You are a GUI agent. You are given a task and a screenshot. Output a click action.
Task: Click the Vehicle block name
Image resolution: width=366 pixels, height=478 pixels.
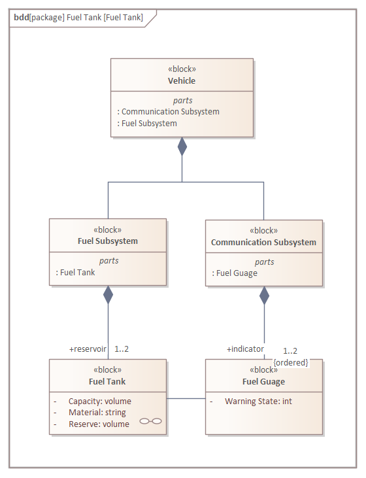pos(182,81)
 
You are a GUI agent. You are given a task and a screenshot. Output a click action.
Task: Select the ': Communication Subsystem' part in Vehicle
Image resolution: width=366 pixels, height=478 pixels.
pos(168,112)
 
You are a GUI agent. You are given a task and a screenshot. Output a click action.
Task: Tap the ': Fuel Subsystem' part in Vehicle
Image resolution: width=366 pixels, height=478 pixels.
pos(147,123)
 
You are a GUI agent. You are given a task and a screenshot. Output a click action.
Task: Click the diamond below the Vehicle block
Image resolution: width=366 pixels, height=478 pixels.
pos(182,146)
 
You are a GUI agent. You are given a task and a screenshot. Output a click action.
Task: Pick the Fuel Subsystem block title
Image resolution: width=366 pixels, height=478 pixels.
pos(108,241)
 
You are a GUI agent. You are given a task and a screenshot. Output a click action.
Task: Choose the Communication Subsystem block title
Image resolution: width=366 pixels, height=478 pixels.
pos(263,243)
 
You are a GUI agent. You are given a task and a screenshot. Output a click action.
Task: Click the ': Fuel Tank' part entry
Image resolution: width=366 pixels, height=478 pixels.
pos(75,272)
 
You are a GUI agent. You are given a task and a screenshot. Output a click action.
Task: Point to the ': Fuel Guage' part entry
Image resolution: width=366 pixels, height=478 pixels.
pos(235,273)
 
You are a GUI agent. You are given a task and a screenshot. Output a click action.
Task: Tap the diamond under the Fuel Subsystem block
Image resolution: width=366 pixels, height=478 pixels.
pos(108,295)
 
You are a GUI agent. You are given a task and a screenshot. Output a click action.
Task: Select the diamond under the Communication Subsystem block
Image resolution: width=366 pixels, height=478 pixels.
pos(264,296)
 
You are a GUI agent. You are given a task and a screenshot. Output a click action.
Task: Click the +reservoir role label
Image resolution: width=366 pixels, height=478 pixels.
pos(88,349)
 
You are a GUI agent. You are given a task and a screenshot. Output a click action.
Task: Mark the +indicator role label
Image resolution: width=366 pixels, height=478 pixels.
pos(245,349)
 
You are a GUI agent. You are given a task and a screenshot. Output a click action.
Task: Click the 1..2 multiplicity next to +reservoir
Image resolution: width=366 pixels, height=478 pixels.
pos(122,349)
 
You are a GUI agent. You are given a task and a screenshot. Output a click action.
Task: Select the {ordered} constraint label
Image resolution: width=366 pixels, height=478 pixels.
pos(291,362)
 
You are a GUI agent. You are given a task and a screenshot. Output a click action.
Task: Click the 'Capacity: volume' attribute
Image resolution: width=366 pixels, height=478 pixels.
pos(100,401)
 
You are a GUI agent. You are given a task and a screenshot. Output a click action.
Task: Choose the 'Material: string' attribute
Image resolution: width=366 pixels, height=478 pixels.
pos(97,413)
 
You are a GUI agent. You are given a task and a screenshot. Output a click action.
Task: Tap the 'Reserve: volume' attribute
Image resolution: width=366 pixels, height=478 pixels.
pos(99,424)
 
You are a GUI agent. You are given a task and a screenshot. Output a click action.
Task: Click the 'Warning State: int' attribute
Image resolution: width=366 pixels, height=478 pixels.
pos(258,401)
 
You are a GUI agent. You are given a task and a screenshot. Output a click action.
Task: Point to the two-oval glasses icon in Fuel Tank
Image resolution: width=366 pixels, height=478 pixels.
pos(150,421)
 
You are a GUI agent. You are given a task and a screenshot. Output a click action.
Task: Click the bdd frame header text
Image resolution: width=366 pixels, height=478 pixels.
pos(78,18)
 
